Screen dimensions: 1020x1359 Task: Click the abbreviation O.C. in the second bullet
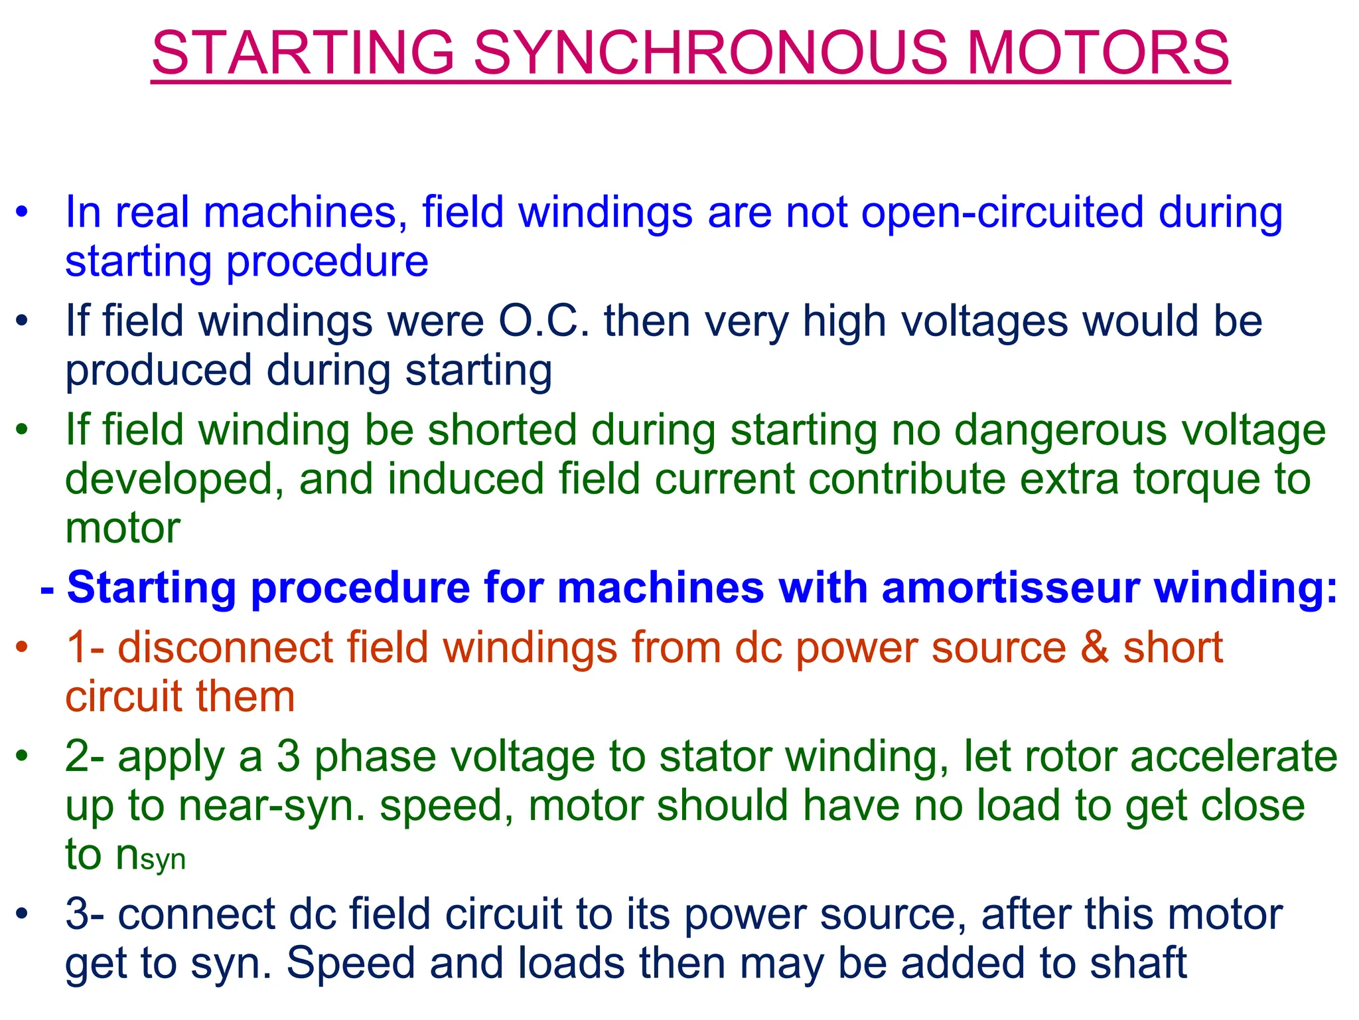[543, 321]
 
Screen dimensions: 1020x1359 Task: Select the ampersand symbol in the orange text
[1094, 648]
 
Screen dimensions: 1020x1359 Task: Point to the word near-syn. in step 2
[271, 806]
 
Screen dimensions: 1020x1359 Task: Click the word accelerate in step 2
[1234, 757]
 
